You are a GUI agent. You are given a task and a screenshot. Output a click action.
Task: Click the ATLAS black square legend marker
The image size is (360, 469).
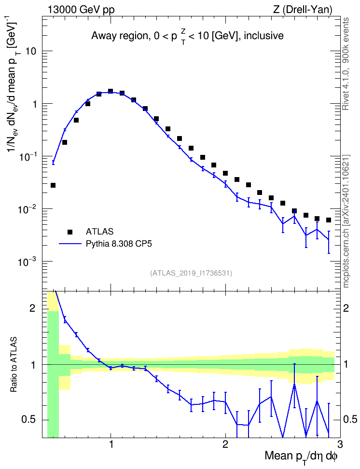pyautogui.click(x=70, y=232)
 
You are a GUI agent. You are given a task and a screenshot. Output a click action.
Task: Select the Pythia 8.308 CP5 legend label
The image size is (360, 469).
pyautogui.click(x=119, y=244)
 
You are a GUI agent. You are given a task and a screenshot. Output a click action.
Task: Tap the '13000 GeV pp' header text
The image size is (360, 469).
pyautogui.click(x=81, y=10)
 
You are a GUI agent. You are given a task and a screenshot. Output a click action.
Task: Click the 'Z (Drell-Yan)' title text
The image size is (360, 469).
pyautogui.click(x=303, y=10)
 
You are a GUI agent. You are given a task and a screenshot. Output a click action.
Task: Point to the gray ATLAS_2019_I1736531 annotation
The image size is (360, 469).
pyautogui.click(x=191, y=273)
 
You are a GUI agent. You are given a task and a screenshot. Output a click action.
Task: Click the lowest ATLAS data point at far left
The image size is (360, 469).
pyautogui.click(x=53, y=185)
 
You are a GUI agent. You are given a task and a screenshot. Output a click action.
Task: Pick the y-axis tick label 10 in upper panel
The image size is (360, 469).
pyautogui.click(x=31, y=51)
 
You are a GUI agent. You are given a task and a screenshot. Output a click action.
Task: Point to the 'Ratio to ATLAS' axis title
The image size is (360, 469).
pyautogui.click(x=14, y=364)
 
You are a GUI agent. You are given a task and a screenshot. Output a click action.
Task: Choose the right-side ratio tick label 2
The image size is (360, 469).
pyautogui.click(x=346, y=308)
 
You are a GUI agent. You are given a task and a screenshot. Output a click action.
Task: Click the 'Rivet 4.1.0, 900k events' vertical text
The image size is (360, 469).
pyautogui.click(x=346, y=64)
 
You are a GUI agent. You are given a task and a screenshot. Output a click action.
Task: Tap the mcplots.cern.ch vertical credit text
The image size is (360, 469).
pyautogui.click(x=346, y=221)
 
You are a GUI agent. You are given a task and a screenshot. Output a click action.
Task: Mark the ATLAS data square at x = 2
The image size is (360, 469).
pyautogui.click(x=225, y=174)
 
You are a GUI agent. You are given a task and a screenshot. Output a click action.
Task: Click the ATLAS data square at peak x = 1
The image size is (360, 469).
pyautogui.click(x=111, y=91)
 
